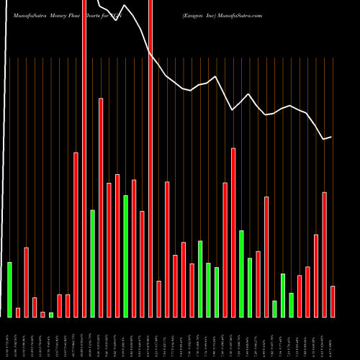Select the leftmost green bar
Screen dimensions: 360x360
pyautogui.click(x=10, y=289)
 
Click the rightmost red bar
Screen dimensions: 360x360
pyautogui.click(x=333, y=301)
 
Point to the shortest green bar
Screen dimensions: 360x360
pyautogui.click(x=51, y=315)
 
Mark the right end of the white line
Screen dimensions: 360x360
pyautogui.click(x=331, y=137)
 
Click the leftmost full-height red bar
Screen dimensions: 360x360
pyautogui.click(x=84, y=158)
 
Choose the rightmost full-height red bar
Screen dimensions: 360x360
pyautogui.click(x=150, y=158)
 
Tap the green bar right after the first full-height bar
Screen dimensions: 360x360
pyautogui.click(x=93, y=263)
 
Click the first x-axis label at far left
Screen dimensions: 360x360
pyautogui.click(x=9, y=338)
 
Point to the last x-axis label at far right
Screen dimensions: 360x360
pyautogui.click(x=333, y=338)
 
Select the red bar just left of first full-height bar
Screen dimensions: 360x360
pyautogui.click(x=76, y=234)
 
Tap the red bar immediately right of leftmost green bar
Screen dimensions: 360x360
pyautogui.click(x=18, y=312)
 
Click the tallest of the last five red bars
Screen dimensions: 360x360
pyautogui.click(x=324, y=254)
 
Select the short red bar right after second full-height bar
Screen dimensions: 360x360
pyautogui.click(x=159, y=298)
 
